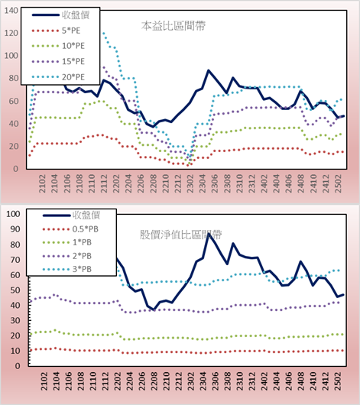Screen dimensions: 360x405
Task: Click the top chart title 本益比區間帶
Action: (174, 26)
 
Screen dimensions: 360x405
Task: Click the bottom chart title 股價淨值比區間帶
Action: (180, 235)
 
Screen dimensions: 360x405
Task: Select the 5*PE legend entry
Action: (56, 31)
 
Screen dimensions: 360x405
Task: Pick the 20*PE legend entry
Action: (58, 77)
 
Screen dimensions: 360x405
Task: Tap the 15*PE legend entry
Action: (58, 61)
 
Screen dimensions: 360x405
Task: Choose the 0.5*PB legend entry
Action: (70, 229)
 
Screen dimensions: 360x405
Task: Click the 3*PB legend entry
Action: (67, 269)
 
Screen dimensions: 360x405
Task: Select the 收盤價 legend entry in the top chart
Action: (60, 15)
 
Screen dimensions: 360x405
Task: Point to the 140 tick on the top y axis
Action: (11, 11)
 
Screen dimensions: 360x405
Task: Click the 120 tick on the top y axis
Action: (11, 33)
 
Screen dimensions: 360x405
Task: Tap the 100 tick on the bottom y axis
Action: (13, 214)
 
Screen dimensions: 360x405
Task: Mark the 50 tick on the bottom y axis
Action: (15, 290)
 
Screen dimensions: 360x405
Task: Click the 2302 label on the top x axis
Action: (190, 183)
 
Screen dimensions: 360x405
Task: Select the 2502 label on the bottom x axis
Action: (338, 381)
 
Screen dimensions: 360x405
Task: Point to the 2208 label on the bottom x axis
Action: (154, 381)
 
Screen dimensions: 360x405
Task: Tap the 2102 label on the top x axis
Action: (42, 183)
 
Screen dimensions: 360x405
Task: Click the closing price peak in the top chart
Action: (209, 70)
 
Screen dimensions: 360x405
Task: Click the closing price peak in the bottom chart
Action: (209, 234)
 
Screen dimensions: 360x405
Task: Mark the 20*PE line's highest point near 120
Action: (104, 33)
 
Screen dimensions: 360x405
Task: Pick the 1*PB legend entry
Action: (67, 242)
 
